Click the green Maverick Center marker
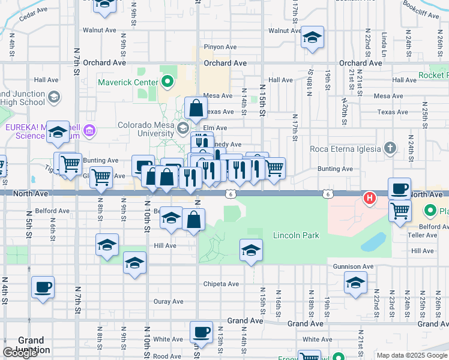(167, 82)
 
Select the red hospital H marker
(370, 197)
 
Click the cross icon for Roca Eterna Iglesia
(390, 148)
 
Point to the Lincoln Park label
(296, 235)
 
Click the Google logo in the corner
(20, 353)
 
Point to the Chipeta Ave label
(221, 284)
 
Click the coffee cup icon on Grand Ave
(202, 332)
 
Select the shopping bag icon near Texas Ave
(196, 109)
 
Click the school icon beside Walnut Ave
(312, 38)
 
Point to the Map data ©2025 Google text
(412, 355)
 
